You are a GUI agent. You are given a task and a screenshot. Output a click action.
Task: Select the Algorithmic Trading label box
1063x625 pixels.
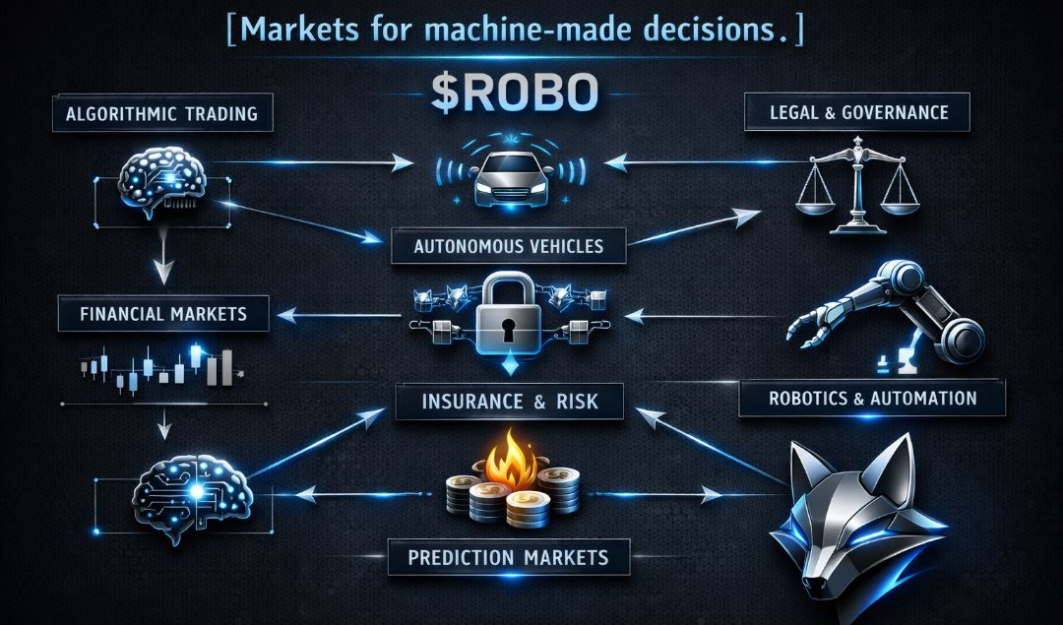point(161,113)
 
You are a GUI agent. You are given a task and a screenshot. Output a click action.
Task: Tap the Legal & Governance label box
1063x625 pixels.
point(856,112)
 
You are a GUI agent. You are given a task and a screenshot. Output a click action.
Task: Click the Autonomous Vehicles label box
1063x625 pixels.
point(509,245)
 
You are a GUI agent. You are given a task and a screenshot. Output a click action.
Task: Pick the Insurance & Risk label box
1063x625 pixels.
point(510,401)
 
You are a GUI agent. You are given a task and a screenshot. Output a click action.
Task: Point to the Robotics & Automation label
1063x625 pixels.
point(872,399)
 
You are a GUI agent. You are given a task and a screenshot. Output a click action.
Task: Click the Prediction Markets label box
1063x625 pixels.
point(508,557)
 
